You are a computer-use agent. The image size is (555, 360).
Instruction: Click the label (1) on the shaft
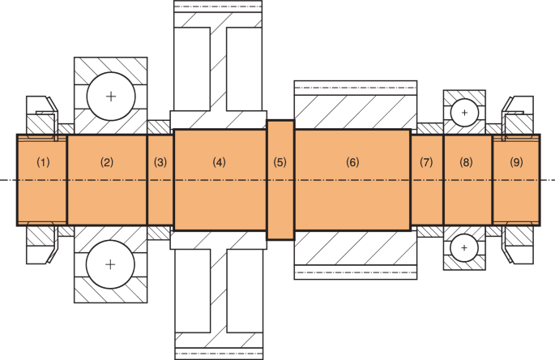tap(44, 162)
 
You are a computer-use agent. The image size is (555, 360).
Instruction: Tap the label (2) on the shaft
tap(106, 162)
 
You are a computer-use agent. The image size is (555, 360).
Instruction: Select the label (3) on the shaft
tap(160, 162)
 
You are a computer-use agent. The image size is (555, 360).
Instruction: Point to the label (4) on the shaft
tap(219, 162)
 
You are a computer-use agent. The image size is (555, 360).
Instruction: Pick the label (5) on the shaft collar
tap(280, 162)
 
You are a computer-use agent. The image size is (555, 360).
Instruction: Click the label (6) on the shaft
tap(352, 162)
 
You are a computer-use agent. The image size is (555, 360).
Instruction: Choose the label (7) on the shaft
tap(426, 162)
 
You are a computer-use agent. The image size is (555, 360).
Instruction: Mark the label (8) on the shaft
tap(466, 162)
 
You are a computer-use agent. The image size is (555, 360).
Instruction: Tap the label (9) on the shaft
tap(517, 162)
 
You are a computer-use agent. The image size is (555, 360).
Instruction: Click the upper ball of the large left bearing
tap(110, 96)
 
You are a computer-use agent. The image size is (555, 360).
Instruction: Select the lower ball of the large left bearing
tap(110, 264)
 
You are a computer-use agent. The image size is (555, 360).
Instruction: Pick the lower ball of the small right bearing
tap(464, 247)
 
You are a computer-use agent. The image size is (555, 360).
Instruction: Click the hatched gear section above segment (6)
tap(355, 106)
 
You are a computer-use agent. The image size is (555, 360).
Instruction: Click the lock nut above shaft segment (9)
tap(519, 115)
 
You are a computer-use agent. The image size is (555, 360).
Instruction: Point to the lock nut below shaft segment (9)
tap(519, 243)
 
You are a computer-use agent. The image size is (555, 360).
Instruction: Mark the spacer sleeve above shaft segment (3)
tap(160, 127)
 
